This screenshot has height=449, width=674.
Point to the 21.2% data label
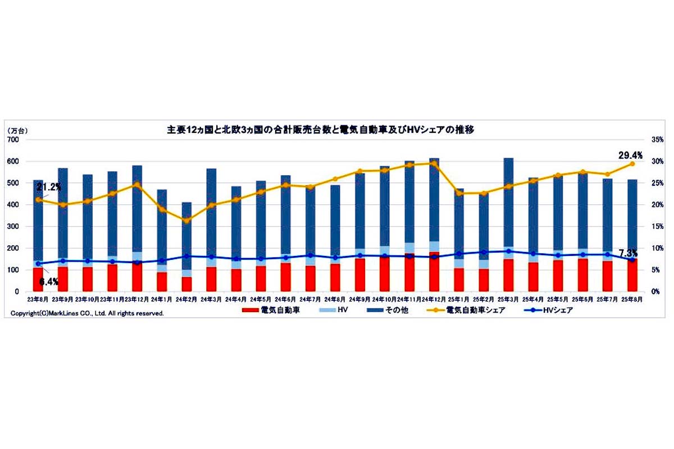coord(49,187)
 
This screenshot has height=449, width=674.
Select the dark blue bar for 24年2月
coord(186,236)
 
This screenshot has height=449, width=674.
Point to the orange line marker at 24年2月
coord(186,221)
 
